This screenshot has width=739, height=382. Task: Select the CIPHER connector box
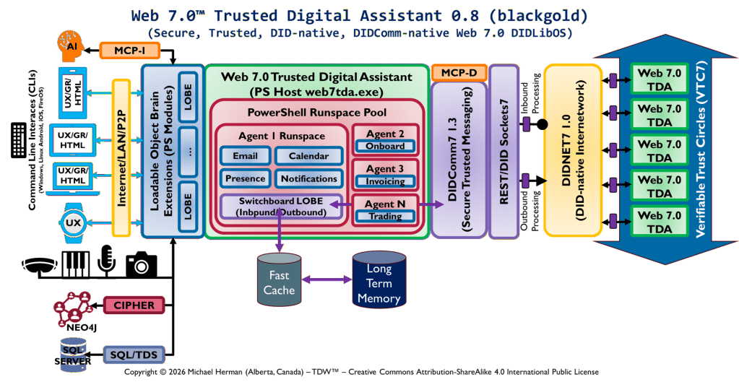click(134, 305)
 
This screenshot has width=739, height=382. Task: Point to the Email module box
click(245, 156)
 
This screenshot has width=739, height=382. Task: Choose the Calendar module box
click(308, 156)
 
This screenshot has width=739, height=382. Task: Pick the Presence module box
click(245, 178)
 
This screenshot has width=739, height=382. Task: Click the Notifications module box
click(308, 178)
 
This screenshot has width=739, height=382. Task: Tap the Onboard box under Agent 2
click(384, 146)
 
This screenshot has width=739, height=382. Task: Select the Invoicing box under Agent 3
click(384, 181)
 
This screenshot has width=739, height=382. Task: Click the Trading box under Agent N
click(384, 216)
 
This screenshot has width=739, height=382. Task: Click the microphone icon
click(106, 261)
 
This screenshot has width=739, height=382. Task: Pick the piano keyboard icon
click(77, 264)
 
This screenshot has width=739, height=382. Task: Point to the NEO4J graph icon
click(74, 309)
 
